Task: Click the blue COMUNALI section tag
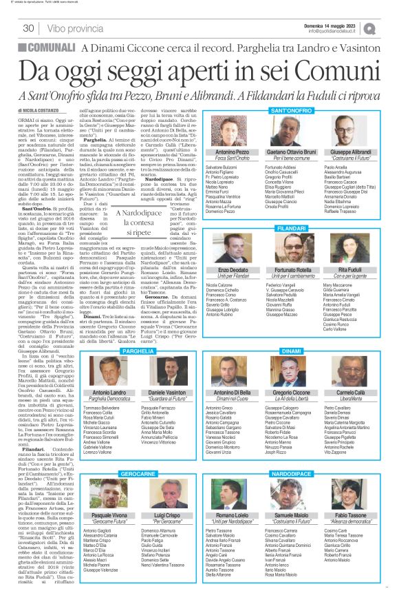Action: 46,47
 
